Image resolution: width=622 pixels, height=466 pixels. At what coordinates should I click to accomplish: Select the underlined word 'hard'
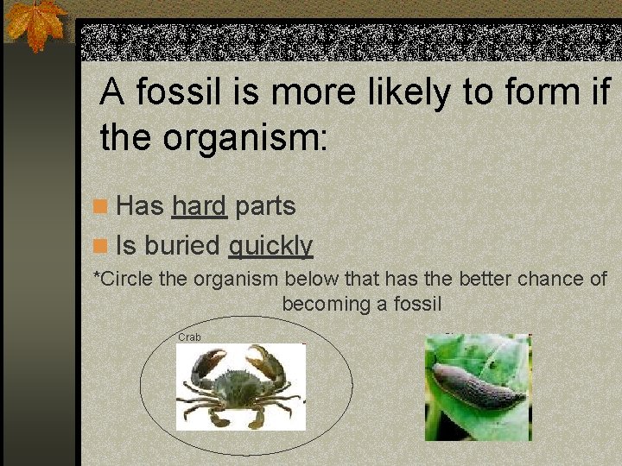(x=199, y=206)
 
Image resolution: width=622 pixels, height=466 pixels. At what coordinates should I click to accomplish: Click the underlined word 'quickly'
(x=270, y=246)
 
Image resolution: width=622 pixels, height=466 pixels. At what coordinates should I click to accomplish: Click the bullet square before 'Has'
(x=101, y=207)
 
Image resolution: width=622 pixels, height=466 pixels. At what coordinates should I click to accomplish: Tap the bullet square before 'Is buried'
(x=101, y=247)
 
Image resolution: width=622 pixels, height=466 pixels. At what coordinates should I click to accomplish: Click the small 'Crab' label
(x=189, y=337)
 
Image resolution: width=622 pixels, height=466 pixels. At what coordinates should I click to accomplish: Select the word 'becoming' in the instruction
(x=318, y=304)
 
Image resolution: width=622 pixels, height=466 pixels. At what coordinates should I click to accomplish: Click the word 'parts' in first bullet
(x=265, y=206)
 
